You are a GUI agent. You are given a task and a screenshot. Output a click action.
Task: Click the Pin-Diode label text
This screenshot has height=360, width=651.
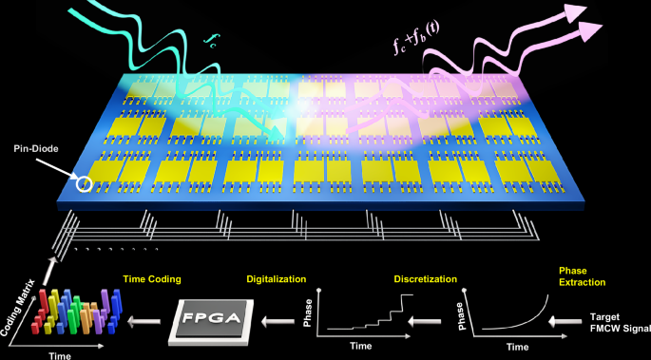point(32,149)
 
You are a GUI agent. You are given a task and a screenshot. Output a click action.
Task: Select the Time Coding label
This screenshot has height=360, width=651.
point(152,279)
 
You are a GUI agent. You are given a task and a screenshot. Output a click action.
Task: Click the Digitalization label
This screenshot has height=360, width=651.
point(276,279)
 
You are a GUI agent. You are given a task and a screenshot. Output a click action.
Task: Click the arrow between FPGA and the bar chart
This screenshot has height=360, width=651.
point(146,322)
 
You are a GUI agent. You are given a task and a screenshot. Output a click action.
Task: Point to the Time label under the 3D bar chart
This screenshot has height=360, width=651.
point(59,352)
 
